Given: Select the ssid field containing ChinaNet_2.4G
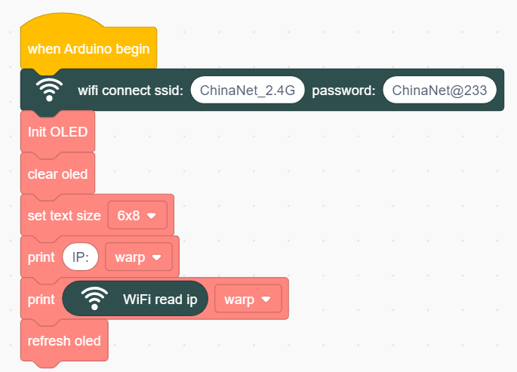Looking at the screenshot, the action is click(x=248, y=90).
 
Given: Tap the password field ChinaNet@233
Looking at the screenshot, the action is click(x=439, y=90).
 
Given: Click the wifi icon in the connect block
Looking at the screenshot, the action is click(x=49, y=90).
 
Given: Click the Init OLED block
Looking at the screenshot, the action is click(x=57, y=132).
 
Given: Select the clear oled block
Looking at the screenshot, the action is click(x=57, y=174).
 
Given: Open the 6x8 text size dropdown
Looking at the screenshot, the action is click(x=137, y=216).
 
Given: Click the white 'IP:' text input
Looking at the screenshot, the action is click(x=81, y=257).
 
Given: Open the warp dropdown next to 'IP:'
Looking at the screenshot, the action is click(x=138, y=257).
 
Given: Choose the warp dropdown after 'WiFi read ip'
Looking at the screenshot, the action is click(x=248, y=299).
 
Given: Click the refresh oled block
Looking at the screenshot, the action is click(x=64, y=341).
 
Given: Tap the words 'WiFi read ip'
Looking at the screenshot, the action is click(x=160, y=299).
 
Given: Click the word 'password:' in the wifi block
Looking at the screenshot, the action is click(x=343, y=91).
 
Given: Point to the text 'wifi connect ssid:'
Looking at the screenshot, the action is click(x=131, y=91).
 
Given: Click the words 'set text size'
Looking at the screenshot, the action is click(x=64, y=216).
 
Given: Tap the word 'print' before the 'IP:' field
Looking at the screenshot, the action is click(x=42, y=257).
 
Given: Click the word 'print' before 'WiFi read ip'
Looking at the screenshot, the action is click(x=42, y=300).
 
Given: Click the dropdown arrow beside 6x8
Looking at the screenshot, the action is click(x=152, y=216).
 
